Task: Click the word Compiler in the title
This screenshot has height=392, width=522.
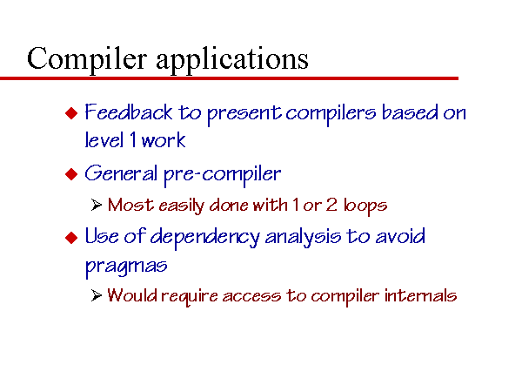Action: pos(87,59)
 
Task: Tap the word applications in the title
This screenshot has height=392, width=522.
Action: pos(232,59)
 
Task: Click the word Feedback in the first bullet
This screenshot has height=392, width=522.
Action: pos(129,112)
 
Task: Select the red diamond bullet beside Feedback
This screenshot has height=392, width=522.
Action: pos(71,113)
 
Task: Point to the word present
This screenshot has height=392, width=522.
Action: pos(244,114)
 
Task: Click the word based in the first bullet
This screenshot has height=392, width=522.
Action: pos(410,112)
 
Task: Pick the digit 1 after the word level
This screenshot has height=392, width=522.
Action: pos(133,139)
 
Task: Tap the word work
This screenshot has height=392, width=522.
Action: pos(164,139)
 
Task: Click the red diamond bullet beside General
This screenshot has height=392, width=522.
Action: pos(71,174)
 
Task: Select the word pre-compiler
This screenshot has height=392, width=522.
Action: pos(223,175)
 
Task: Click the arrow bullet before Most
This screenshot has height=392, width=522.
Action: pos(97,205)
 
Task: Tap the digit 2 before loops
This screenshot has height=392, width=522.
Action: pos(331,205)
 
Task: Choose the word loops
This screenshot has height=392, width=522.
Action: pos(365,206)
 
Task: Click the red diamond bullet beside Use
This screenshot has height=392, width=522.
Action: pos(71,238)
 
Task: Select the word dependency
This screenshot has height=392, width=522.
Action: pos(204,238)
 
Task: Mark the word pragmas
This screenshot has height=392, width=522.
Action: pos(126,267)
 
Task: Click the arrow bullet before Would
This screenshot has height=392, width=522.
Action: pos(97,295)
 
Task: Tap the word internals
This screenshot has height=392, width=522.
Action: pos(420,295)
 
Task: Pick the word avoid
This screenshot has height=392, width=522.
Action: pos(400,236)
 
